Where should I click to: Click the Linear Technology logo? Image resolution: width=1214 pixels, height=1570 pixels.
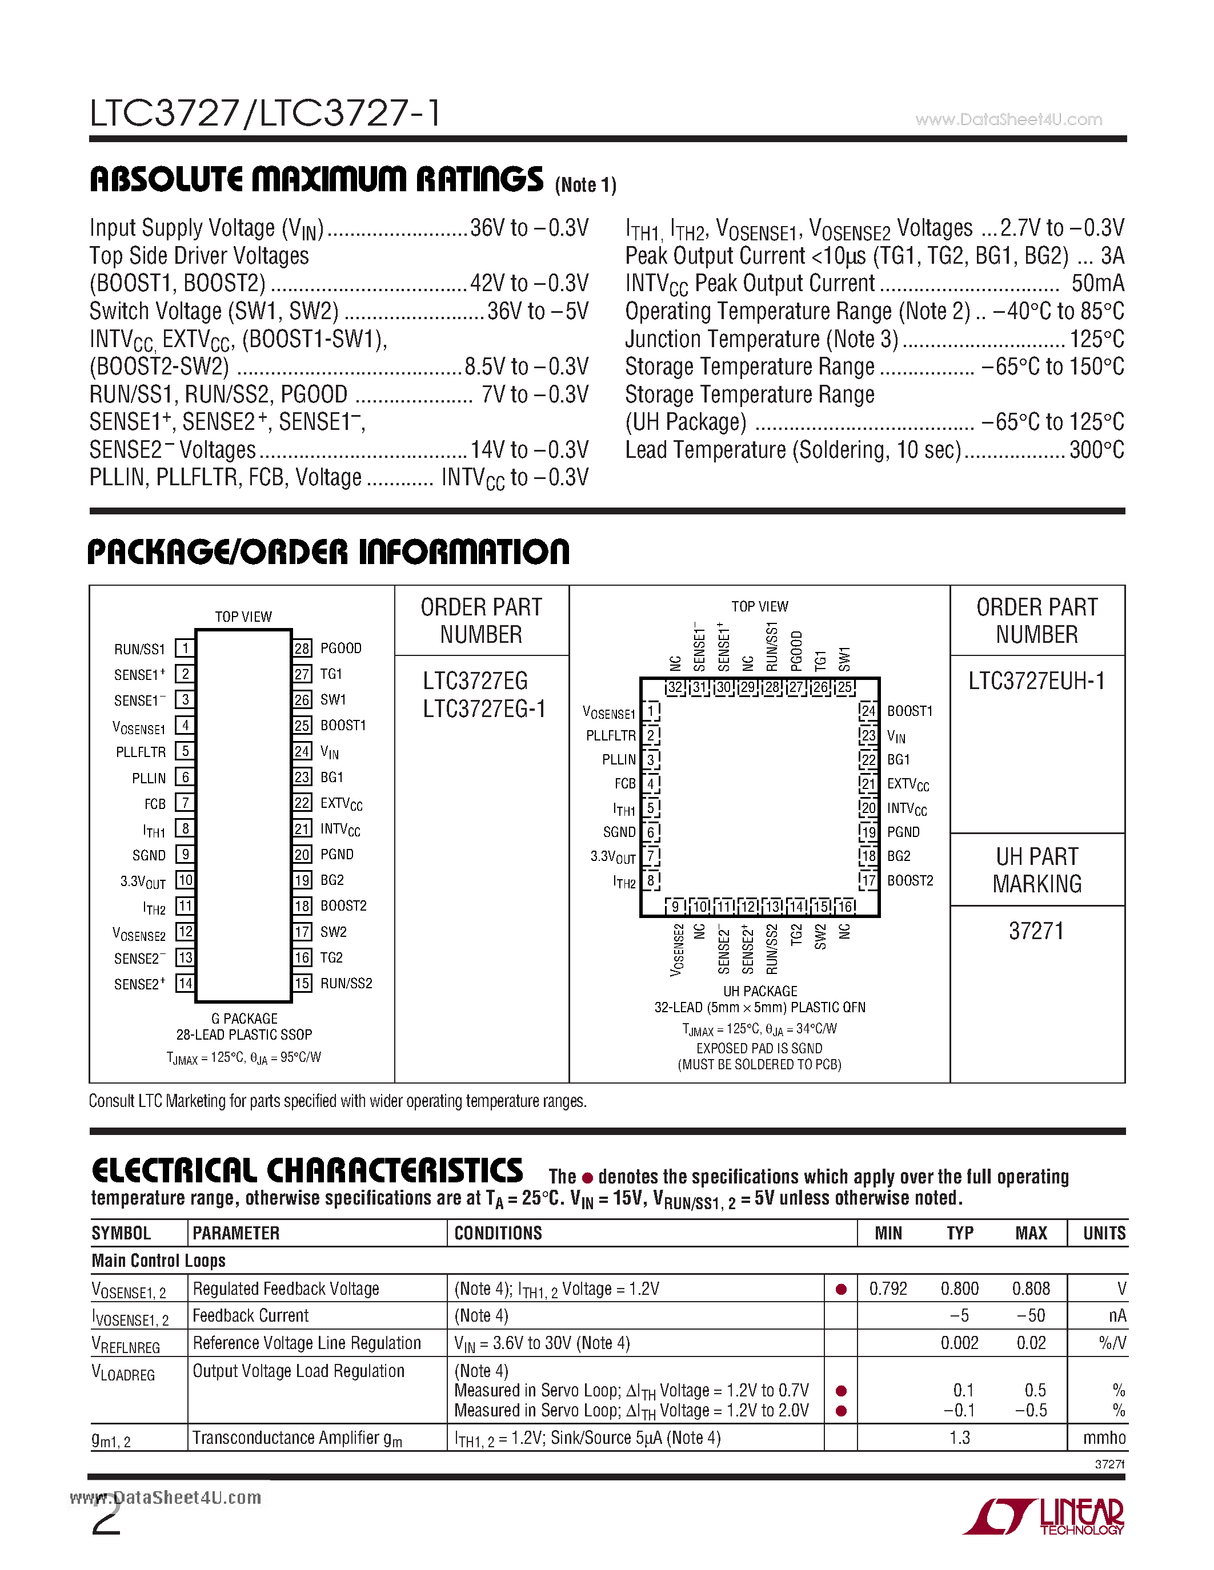(x=1044, y=1517)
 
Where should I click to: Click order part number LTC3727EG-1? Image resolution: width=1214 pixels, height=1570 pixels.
(x=484, y=710)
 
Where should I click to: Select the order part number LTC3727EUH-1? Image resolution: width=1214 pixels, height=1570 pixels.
(x=1036, y=681)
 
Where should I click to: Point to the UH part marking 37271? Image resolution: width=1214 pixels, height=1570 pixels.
(x=1036, y=932)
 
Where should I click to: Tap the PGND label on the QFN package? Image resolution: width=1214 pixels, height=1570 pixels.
(x=903, y=832)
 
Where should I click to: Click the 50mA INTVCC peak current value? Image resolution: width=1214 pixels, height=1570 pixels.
(x=1097, y=283)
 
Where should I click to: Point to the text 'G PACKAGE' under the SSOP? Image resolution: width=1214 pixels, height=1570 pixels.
(x=244, y=1019)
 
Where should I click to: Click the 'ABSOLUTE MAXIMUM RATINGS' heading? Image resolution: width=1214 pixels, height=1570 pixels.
(x=316, y=179)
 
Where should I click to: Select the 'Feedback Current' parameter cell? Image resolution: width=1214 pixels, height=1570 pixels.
(x=250, y=1315)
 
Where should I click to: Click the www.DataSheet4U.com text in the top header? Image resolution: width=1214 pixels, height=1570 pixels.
(x=1008, y=119)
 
